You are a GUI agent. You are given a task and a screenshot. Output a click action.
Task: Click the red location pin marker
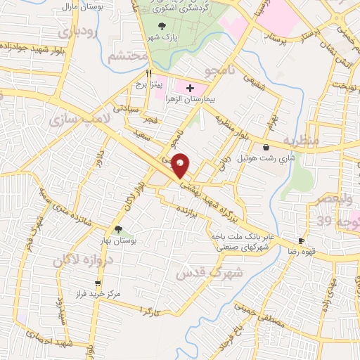[x=181, y=165]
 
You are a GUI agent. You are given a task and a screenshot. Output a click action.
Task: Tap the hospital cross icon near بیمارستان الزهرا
[x=189, y=88]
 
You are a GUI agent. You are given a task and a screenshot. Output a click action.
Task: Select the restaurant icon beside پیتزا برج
[x=148, y=72]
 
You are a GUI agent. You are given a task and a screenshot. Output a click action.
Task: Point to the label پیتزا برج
[x=149, y=84]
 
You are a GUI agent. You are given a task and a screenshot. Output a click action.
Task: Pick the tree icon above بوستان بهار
[x=119, y=229]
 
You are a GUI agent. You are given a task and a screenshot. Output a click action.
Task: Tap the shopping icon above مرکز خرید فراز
[x=98, y=283]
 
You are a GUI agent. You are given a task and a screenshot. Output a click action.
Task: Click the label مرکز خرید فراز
[x=98, y=294]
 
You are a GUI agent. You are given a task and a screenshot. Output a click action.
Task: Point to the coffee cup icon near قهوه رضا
[x=301, y=240]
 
